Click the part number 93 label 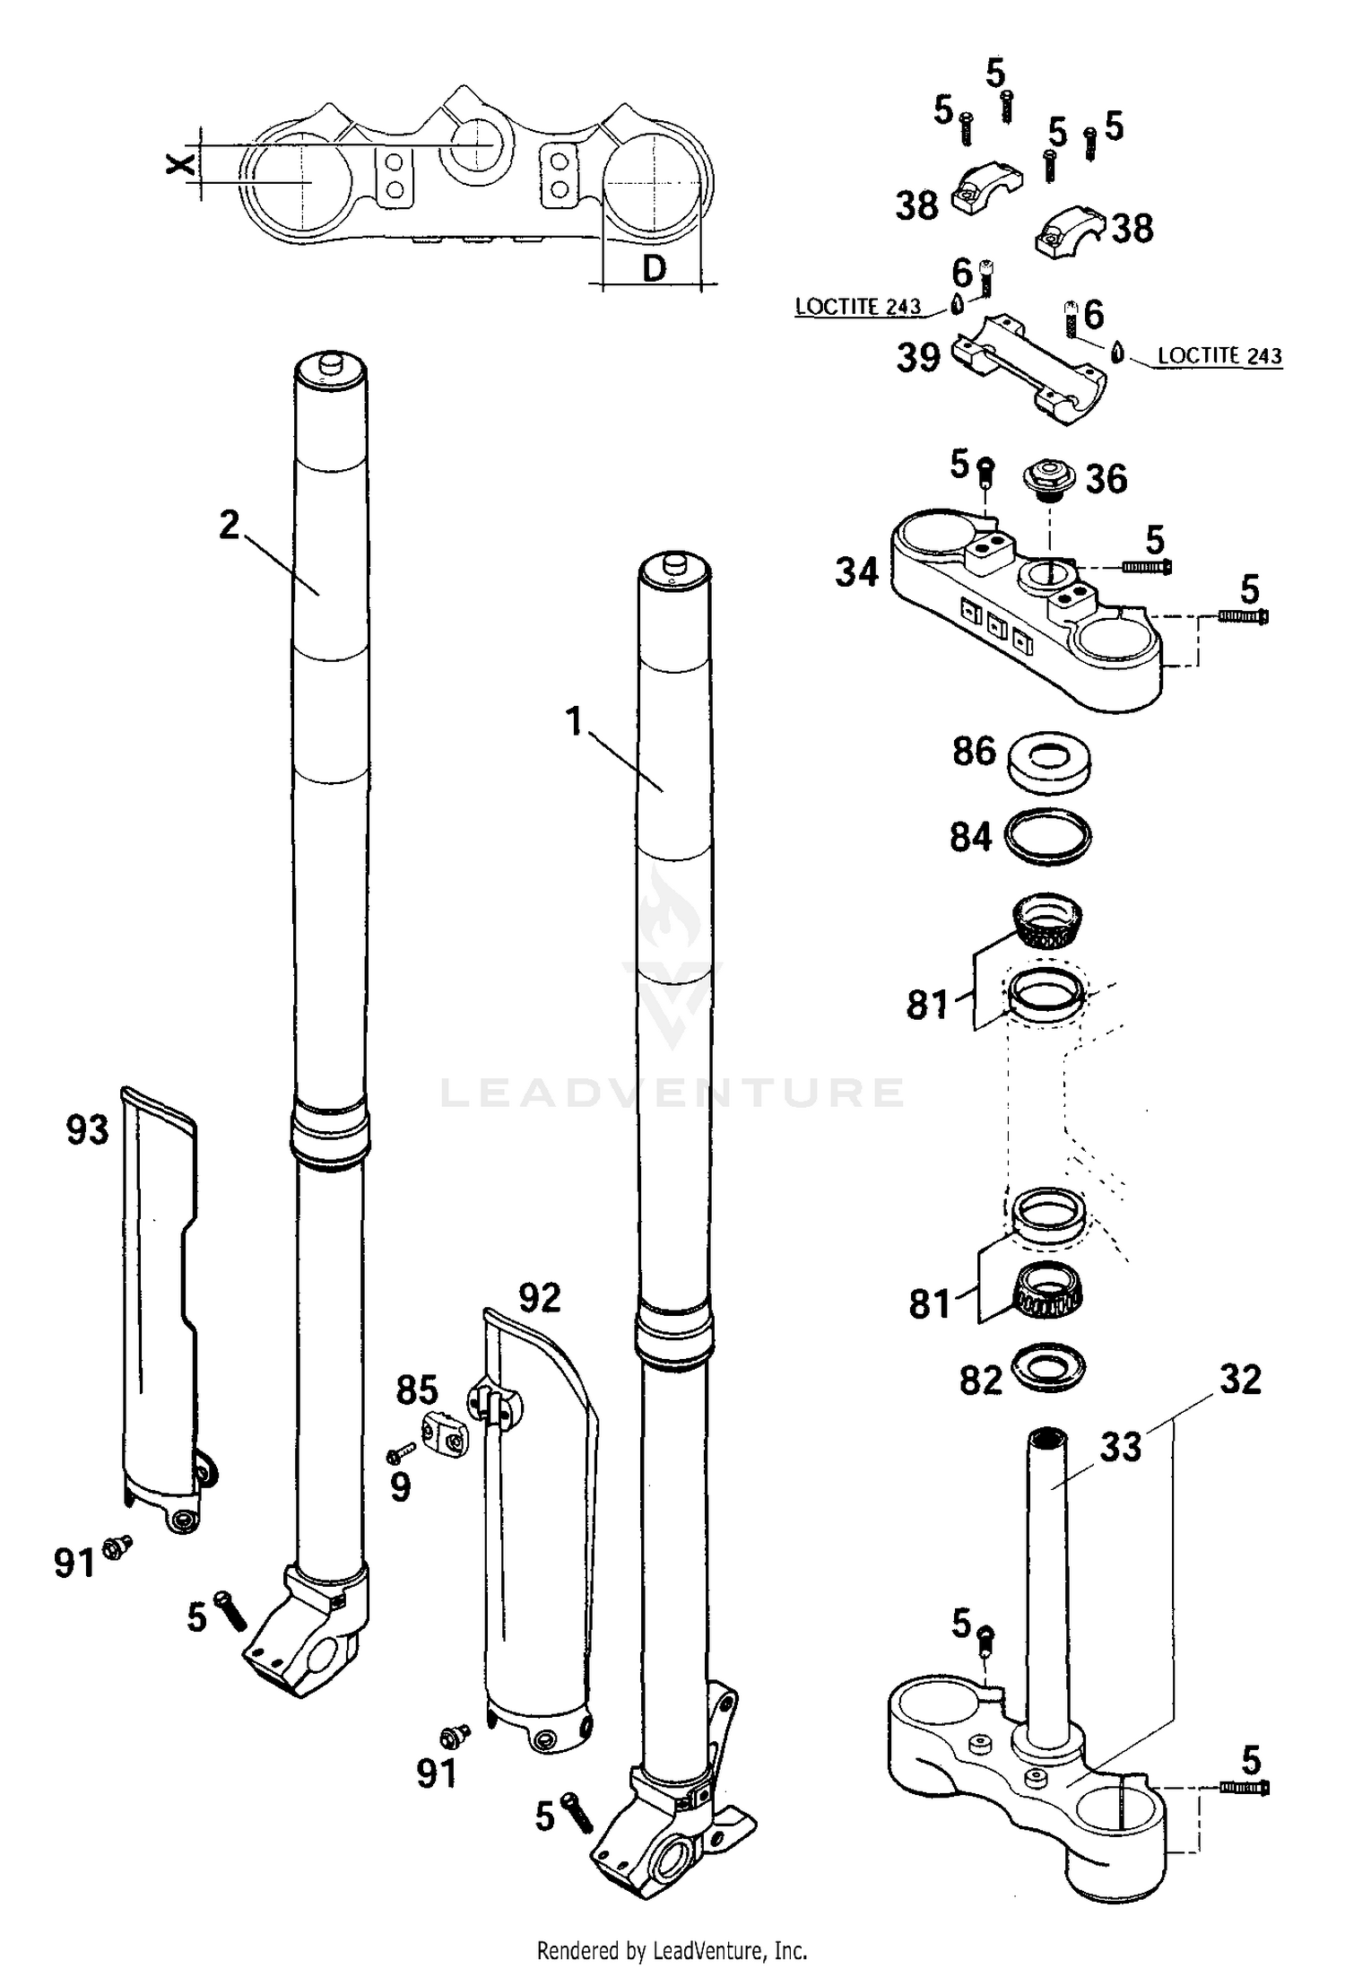click(87, 1129)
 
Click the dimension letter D click(655, 267)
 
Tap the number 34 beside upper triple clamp click(856, 571)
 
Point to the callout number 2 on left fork click(230, 525)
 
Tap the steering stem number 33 click(1120, 1447)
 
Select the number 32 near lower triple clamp click(1240, 1380)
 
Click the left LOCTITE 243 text click(857, 307)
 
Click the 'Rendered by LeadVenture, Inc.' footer click(672, 1950)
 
